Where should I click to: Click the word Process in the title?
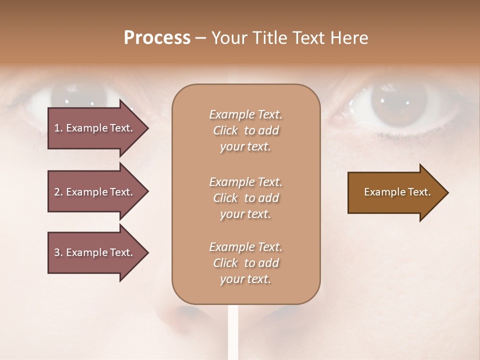coord(157,38)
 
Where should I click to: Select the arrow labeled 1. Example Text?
coord(95,128)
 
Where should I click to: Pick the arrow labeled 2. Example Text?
coord(95,192)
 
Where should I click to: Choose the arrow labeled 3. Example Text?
coord(95,252)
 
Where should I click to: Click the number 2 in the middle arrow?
coord(57,192)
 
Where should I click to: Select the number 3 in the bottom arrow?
coord(57,252)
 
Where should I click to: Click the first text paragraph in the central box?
coord(245,130)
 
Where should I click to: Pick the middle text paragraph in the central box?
coord(245,198)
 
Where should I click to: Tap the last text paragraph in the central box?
coord(245,263)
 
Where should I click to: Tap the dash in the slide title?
coord(200,38)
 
